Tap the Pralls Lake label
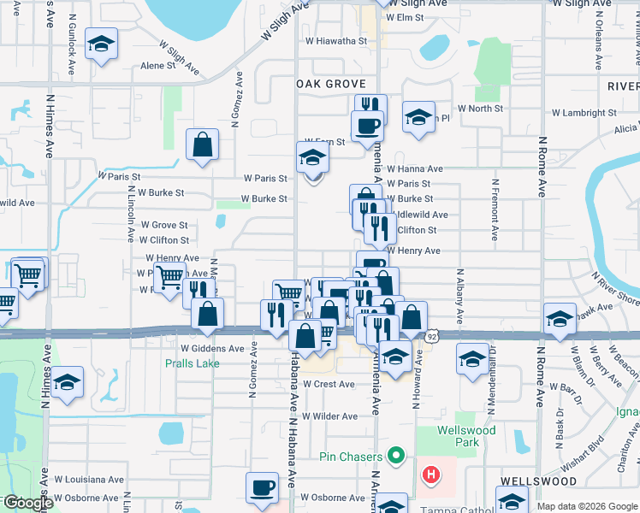[x=193, y=363]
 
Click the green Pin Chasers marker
[x=396, y=455]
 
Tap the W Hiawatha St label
[x=336, y=40]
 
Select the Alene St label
[x=157, y=66]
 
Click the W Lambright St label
[x=584, y=113]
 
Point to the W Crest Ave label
[x=328, y=385]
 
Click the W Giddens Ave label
[x=212, y=349]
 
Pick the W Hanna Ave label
[x=414, y=169]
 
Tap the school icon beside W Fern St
[x=312, y=158]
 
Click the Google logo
[x=27, y=504]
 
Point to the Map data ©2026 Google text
[x=587, y=506]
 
